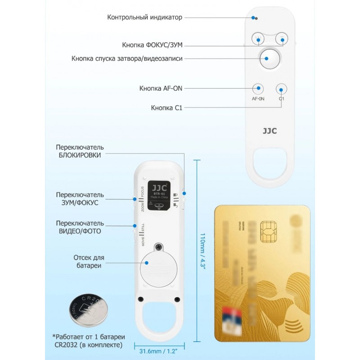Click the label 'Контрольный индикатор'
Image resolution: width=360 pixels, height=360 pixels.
pos(144,18)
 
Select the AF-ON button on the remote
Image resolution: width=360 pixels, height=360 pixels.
pos(257,88)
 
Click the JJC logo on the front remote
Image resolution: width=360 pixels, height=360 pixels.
pos(269,133)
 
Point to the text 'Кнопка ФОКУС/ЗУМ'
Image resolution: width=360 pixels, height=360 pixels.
pos(153,45)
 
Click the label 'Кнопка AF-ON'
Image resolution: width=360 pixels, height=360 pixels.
pos(161,88)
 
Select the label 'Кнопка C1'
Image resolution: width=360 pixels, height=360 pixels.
pos(166,108)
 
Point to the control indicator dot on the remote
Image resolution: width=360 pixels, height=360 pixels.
pos(256,18)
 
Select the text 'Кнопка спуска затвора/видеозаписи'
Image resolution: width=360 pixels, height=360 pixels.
pos(127,59)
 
